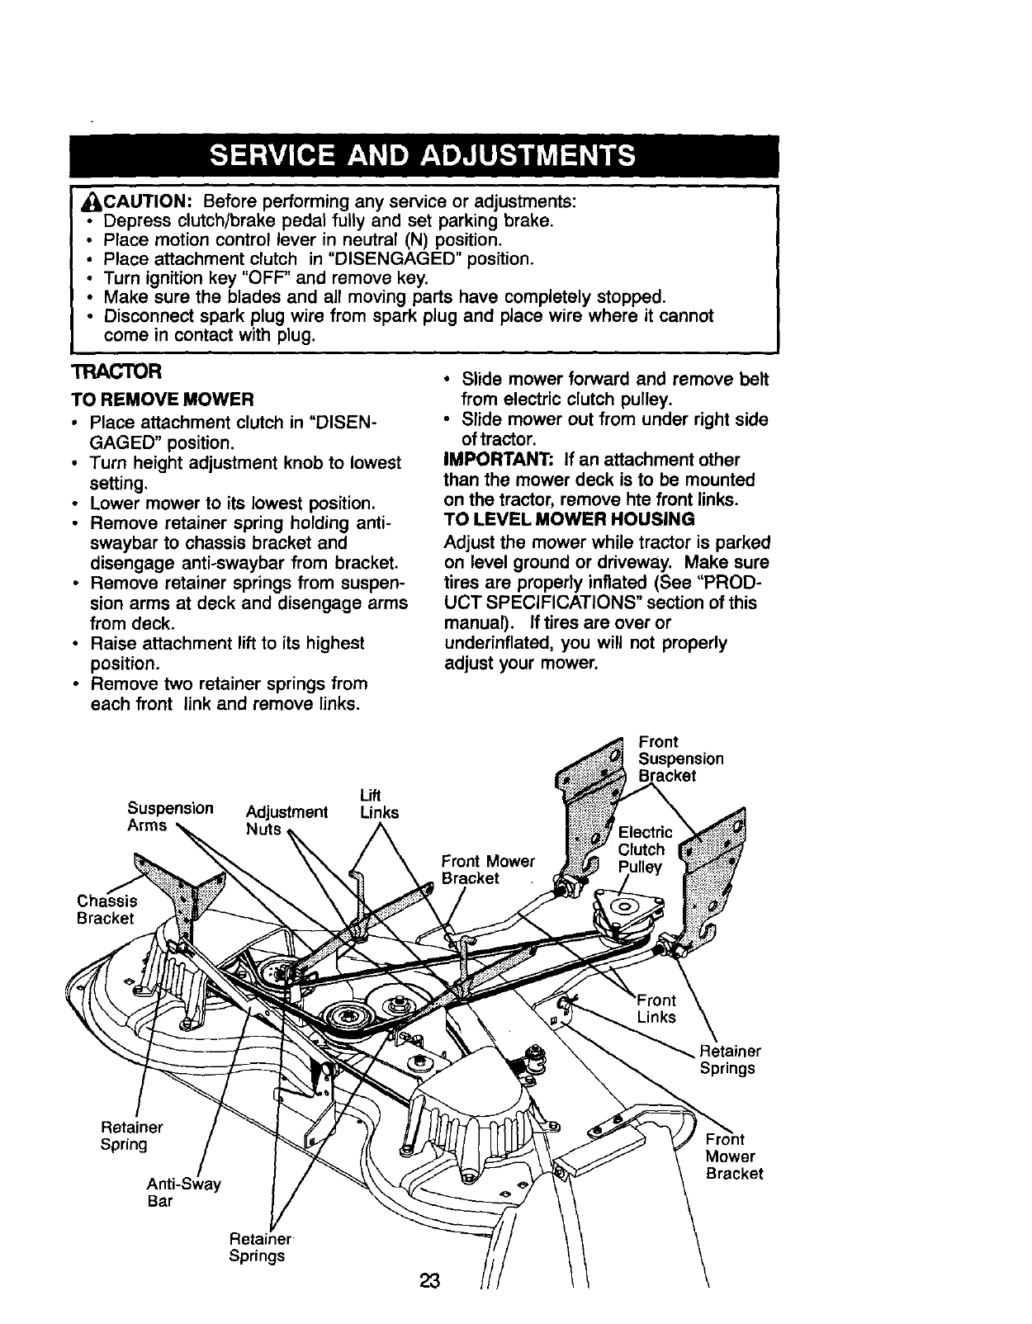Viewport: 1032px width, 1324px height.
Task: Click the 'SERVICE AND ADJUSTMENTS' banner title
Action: (x=423, y=156)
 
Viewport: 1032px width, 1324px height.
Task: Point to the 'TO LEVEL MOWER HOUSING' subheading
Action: (x=569, y=519)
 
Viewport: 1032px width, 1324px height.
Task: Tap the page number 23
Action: (x=430, y=1282)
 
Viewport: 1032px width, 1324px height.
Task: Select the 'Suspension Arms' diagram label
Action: (x=170, y=816)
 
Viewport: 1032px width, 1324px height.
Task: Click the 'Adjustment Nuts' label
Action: (x=286, y=820)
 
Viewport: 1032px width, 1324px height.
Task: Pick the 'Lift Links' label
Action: (x=378, y=804)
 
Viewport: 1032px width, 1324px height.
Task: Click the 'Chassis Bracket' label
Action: (x=107, y=909)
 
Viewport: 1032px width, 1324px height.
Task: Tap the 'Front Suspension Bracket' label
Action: (x=680, y=759)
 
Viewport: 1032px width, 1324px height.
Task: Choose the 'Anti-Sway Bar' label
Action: (x=183, y=1193)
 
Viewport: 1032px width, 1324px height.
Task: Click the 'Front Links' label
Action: (x=658, y=1009)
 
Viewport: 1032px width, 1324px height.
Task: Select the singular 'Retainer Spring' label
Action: (x=130, y=1136)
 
